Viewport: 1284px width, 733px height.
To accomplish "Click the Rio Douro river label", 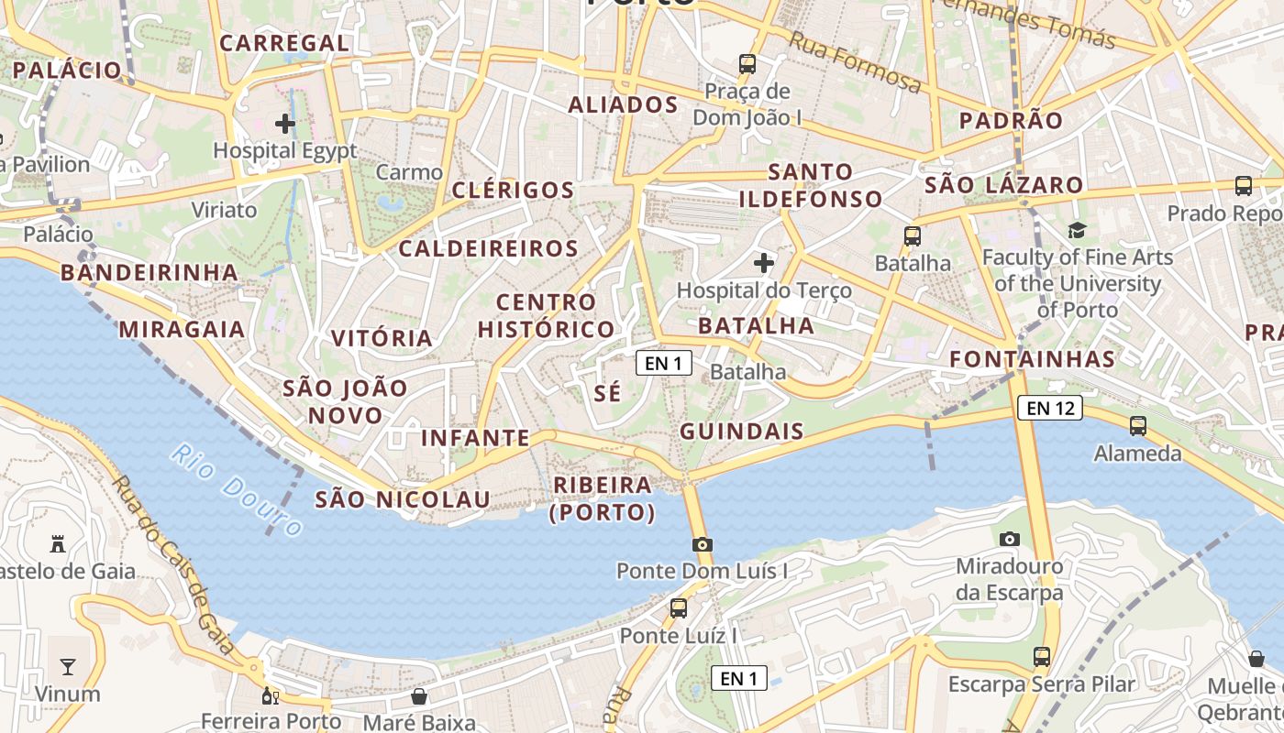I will coord(237,490).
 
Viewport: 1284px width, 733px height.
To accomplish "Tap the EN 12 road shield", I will coord(1050,408).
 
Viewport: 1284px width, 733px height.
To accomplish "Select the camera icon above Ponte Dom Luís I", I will coord(703,544).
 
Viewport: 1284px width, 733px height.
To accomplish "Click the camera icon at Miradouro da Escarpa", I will coord(1010,539).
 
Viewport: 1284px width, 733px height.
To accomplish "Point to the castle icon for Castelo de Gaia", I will coord(58,544).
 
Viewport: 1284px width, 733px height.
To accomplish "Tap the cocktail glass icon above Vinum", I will coord(68,666).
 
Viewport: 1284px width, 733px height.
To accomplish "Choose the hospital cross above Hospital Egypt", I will coord(285,123).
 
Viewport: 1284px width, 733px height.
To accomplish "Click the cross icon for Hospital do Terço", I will coord(764,264).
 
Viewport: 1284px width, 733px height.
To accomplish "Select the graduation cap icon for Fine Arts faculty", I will coord(1077,230).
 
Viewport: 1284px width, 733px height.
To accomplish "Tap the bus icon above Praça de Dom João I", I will coord(747,64).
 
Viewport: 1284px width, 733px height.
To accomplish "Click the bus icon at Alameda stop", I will coord(1138,426).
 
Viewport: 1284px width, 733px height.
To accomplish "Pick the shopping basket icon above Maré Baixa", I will coord(419,696).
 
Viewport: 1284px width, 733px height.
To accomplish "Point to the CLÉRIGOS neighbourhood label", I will coord(514,191).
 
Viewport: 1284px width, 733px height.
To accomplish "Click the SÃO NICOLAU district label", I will coord(403,499).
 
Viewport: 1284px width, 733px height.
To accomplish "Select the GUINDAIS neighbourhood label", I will coord(742,432).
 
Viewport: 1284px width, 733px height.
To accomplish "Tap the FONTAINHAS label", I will coord(1033,359).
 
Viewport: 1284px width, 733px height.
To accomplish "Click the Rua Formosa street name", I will coord(855,62).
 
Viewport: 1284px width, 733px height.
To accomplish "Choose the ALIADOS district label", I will coord(624,104).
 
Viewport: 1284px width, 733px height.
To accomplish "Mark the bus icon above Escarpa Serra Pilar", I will coord(1042,656).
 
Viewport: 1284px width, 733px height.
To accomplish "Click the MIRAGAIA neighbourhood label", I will coord(183,330).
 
